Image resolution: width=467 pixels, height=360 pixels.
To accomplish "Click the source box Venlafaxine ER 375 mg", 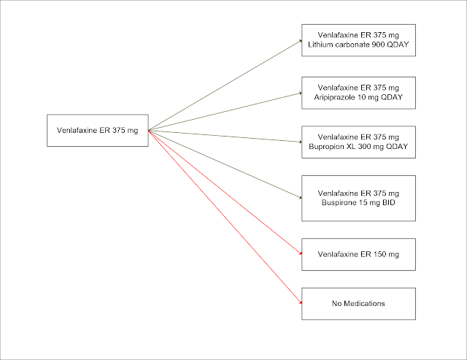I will coord(97,131).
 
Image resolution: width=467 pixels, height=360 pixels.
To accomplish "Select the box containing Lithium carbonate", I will coord(358,40).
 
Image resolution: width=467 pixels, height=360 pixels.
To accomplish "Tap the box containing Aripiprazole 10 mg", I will coord(358,91).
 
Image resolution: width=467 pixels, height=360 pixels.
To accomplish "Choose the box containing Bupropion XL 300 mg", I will coord(358,142).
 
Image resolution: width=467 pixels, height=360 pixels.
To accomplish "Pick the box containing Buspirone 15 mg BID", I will coord(358,197).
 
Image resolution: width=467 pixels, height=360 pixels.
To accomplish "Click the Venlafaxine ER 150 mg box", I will coord(358,253).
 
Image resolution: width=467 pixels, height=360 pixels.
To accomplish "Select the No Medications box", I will coord(358,303).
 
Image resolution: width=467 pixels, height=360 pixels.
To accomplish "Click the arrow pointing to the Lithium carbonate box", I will coord(226,85).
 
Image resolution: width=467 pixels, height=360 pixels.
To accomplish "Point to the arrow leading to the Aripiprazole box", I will coord(226,111).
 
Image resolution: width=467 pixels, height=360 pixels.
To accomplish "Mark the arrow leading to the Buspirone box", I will coord(226,164).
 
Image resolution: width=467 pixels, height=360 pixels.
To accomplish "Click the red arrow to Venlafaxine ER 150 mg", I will coord(226,193).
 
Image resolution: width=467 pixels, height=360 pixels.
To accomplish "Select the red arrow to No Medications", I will coord(226,217).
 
